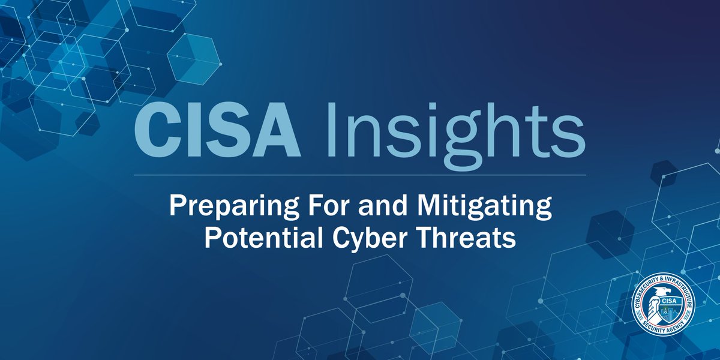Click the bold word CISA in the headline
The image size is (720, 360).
217,133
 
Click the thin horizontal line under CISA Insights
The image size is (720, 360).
359,175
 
